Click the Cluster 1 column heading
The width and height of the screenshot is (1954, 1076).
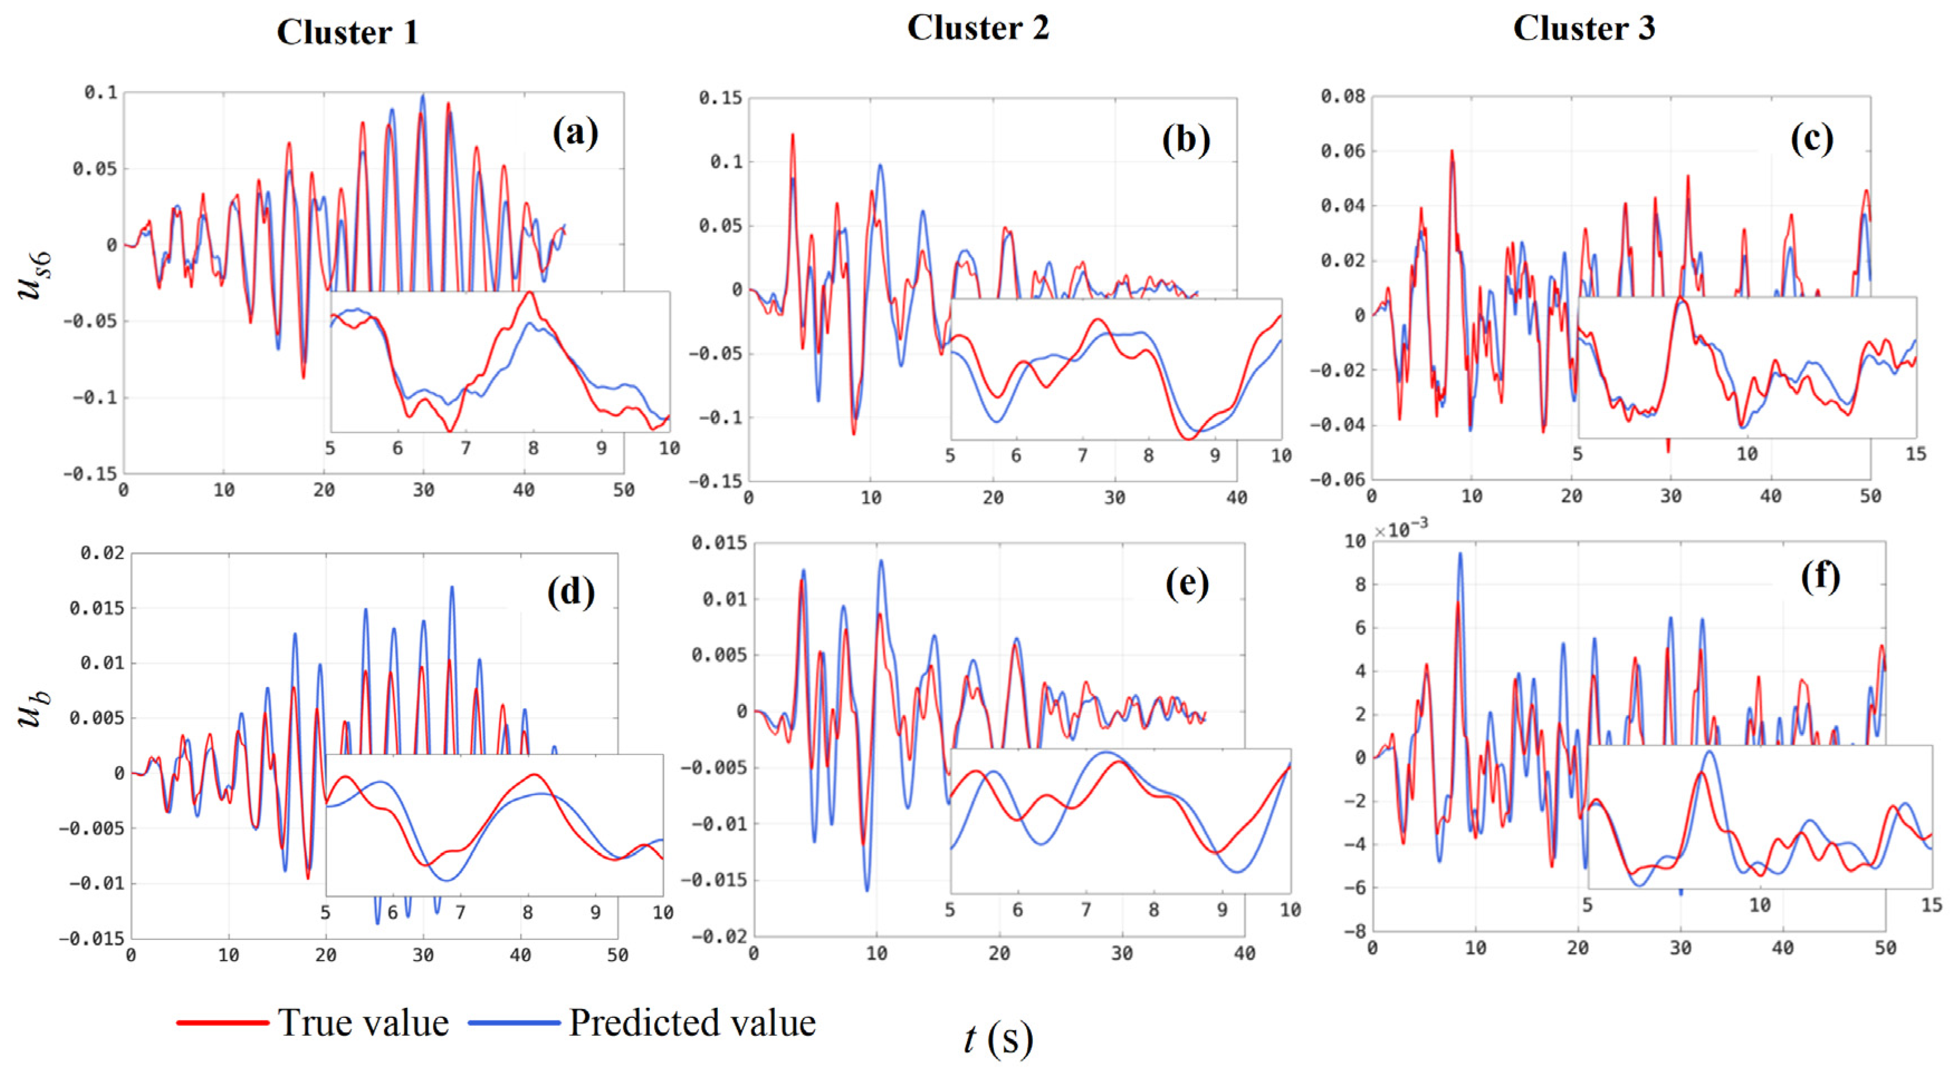(x=347, y=32)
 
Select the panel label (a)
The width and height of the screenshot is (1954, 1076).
(x=575, y=134)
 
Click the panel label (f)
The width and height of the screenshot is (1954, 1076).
(x=1820, y=578)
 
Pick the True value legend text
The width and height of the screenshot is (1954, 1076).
(x=363, y=1022)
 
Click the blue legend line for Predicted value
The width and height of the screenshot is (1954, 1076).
(x=514, y=1022)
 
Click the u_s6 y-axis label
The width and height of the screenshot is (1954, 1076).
(x=35, y=275)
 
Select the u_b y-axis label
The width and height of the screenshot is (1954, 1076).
(x=33, y=709)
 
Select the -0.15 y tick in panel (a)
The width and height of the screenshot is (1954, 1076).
(x=90, y=474)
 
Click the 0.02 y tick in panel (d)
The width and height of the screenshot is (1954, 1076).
(x=102, y=553)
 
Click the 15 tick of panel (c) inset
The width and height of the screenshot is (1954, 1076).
(x=1915, y=454)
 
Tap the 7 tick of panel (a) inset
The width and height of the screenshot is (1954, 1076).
(x=465, y=449)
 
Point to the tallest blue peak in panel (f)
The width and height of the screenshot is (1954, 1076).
(x=1459, y=554)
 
